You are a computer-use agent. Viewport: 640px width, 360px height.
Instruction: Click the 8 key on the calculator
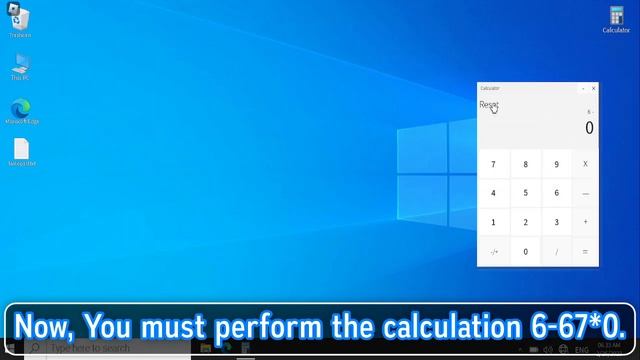click(x=525, y=164)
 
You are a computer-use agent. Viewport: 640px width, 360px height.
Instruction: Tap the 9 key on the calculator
click(x=557, y=164)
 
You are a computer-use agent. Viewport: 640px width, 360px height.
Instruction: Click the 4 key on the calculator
click(x=493, y=193)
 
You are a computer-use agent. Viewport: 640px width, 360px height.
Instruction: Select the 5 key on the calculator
click(x=525, y=193)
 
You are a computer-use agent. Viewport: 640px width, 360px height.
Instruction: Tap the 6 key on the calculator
click(x=557, y=193)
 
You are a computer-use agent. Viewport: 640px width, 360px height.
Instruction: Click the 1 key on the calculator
click(x=493, y=222)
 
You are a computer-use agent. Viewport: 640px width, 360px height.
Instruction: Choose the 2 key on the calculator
click(x=525, y=222)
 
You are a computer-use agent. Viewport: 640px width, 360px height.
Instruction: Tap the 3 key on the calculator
click(x=557, y=222)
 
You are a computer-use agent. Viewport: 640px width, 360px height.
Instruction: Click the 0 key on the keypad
click(x=525, y=252)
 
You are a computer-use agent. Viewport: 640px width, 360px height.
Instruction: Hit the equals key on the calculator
click(x=585, y=252)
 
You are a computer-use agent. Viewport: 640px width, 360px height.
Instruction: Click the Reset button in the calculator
click(x=488, y=105)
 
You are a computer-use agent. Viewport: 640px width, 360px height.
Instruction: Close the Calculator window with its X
click(x=593, y=88)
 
